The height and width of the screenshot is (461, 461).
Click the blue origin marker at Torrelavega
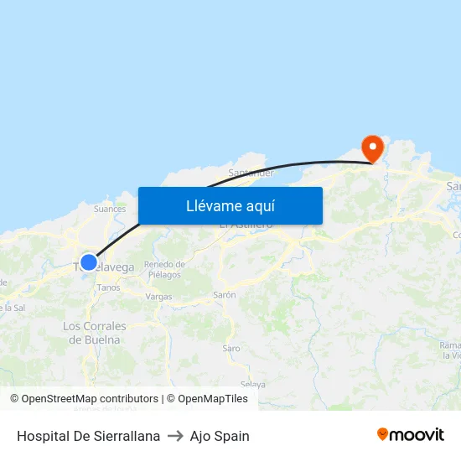[89, 262]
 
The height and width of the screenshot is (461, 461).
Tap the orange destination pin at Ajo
[372, 148]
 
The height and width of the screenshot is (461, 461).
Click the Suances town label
[110, 210]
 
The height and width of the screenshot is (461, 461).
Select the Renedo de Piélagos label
[164, 269]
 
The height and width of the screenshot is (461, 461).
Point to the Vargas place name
[158, 297]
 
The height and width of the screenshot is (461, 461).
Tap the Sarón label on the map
[225, 295]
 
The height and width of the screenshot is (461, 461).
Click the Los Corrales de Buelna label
[95, 333]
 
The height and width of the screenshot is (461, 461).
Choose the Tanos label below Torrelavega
[109, 287]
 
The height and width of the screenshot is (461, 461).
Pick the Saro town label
[231, 348]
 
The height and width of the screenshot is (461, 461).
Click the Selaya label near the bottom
[252, 384]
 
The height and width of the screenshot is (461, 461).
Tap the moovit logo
[410, 435]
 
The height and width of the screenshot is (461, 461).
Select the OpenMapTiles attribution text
[212, 399]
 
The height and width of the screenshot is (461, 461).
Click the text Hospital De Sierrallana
[88, 436]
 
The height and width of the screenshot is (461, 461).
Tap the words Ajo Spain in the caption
[220, 436]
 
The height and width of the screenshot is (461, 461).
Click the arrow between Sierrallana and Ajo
[175, 436]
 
